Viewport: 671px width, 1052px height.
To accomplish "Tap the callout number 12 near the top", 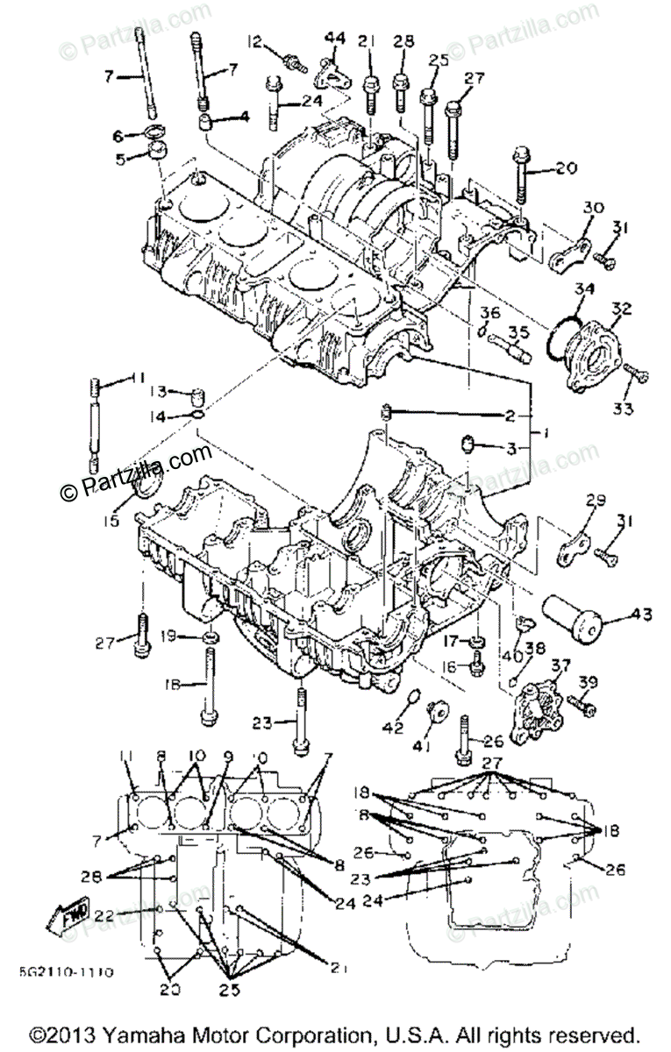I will (254, 41).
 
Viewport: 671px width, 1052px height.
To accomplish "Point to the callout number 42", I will (396, 727).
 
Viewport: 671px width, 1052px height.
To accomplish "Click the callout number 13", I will (156, 391).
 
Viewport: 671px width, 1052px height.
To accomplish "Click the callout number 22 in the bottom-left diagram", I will (104, 915).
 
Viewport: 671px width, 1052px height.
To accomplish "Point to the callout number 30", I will (595, 208).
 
